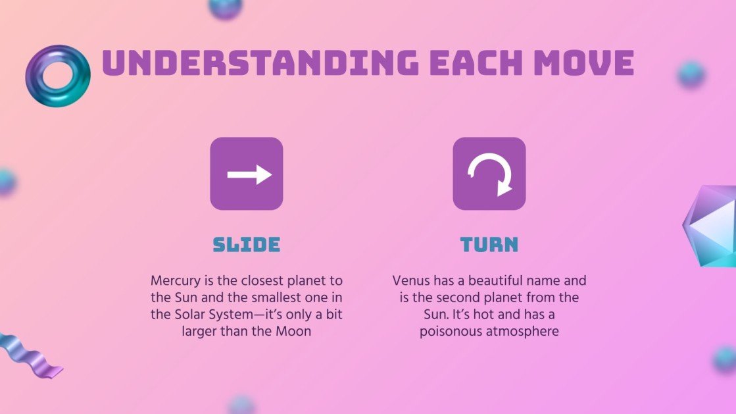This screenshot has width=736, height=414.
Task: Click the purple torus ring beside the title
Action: tap(57, 76)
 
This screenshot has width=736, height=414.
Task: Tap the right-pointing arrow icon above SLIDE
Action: tap(247, 174)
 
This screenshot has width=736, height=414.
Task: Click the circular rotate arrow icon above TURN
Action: tap(489, 174)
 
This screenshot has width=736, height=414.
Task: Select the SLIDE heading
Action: tap(247, 245)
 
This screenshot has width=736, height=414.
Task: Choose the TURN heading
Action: tap(489, 245)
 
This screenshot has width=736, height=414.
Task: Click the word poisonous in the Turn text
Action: tap(451, 332)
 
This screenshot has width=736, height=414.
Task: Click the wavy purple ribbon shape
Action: tap(30, 355)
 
